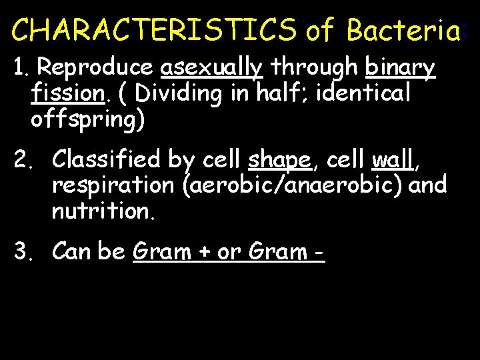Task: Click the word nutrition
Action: (100, 212)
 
